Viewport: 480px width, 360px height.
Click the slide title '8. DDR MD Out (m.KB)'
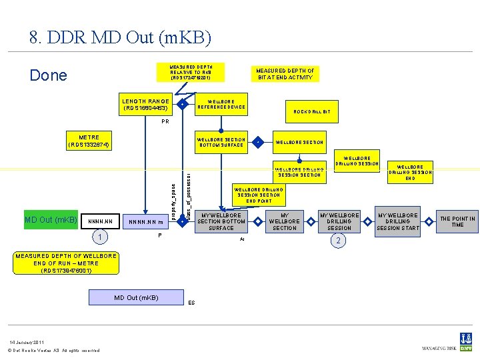tap(120, 38)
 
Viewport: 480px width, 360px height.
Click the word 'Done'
tap(49, 75)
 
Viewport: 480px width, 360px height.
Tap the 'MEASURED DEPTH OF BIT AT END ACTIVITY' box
tap(285, 74)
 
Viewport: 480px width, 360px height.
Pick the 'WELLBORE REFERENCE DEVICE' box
tap(222, 105)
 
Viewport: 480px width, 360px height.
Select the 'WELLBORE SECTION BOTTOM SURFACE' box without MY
tap(222, 142)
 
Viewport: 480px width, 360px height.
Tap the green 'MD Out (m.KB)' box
tap(51, 220)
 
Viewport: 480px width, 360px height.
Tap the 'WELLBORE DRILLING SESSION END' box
tap(410, 172)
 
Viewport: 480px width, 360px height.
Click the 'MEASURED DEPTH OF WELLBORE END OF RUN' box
tap(66, 263)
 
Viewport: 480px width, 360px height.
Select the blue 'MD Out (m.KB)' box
tap(136, 297)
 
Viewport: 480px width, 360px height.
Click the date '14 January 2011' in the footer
tap(25, 342)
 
